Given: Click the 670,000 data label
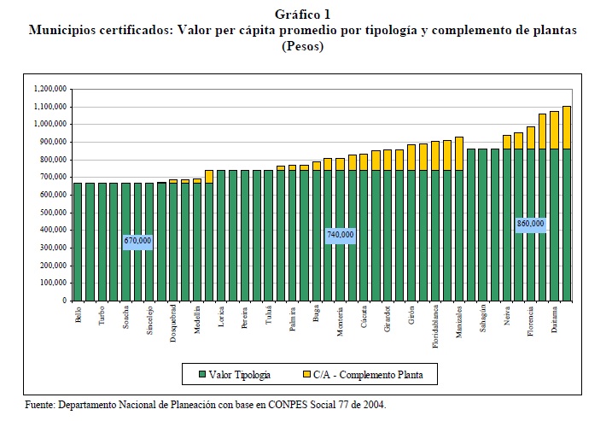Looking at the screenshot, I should coord(138,241).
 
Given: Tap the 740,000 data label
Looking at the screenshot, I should coord(341,234).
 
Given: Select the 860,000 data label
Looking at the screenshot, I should coord(530,224).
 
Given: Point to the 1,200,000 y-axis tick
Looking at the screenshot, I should coord(50,88).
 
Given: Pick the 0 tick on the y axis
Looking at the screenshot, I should coord(63,301).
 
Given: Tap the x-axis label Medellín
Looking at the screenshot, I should coord(197,318).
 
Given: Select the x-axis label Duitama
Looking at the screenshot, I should coord(555,318).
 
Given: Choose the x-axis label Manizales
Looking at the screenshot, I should coord(459,321).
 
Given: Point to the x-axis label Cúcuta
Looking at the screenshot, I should coord(364,316).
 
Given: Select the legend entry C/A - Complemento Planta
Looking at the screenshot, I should coord(370,373).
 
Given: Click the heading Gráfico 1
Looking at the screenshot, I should coord(303,13).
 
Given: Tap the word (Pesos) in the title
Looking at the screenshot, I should coord(303,46).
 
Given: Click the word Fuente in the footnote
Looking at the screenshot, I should coord(38,405).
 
